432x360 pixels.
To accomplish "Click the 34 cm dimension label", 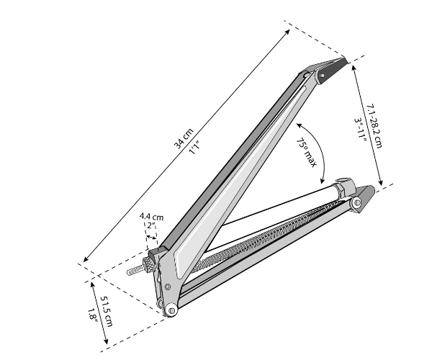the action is pos(184,138).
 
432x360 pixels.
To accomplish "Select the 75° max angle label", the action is pos(307,153).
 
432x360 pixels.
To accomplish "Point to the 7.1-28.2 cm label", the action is pos(375,126).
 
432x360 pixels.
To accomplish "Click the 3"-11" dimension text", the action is pos(360,130).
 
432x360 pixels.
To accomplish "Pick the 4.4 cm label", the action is pos(151,216).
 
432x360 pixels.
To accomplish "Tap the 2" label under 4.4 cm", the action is pos(151,225).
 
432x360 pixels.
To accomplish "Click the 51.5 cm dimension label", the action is pos(106,311).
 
